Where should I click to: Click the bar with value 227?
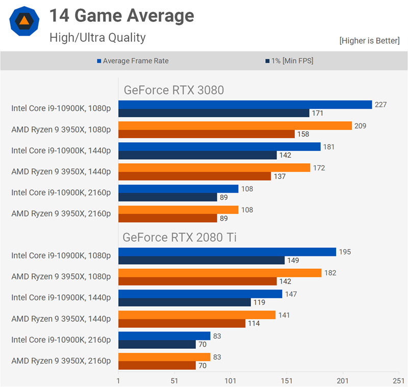245,105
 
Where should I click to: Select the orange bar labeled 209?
235,125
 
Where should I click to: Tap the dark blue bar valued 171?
214,113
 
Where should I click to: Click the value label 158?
302,134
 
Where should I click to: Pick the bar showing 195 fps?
227,252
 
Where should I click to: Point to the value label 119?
259,302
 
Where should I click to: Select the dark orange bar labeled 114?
182,323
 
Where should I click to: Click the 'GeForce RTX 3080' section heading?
174,90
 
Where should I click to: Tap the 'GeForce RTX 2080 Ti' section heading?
180,238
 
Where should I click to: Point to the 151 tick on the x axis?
287,380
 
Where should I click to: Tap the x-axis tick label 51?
174,380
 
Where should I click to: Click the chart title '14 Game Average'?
121,16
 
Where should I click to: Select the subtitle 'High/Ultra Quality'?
97,37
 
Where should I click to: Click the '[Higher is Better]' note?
369,41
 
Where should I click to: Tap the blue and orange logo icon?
23,21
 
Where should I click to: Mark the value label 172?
318,168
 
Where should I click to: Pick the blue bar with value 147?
200,294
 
